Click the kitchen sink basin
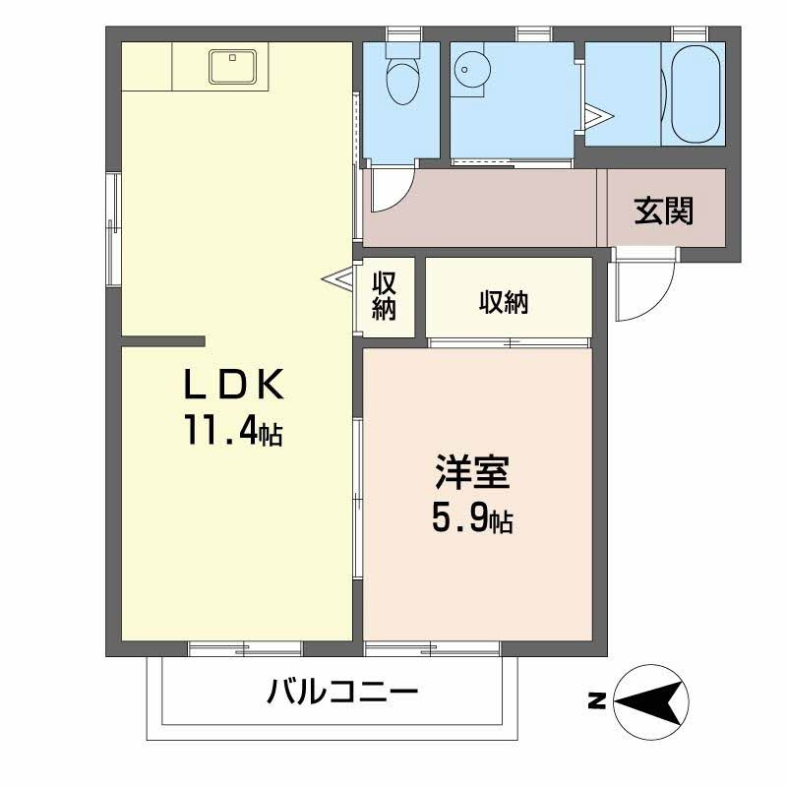[x=232, y=66]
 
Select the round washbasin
[x=471, y=68]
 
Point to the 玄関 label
[x=663, y=212]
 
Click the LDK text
[x=234, y=384]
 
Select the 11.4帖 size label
[x=234, y=431]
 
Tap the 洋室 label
[x=472, y=472]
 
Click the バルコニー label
[x=342, y=693]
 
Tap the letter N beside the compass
[x=597, y=701]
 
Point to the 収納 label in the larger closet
[x=504, y=303]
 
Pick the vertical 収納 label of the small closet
[x=384, y=296]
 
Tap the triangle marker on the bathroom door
[x=599, y=116]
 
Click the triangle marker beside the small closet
[x=337, y=277]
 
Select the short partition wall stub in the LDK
[x=163, y=341]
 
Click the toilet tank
[x=402, y=49]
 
